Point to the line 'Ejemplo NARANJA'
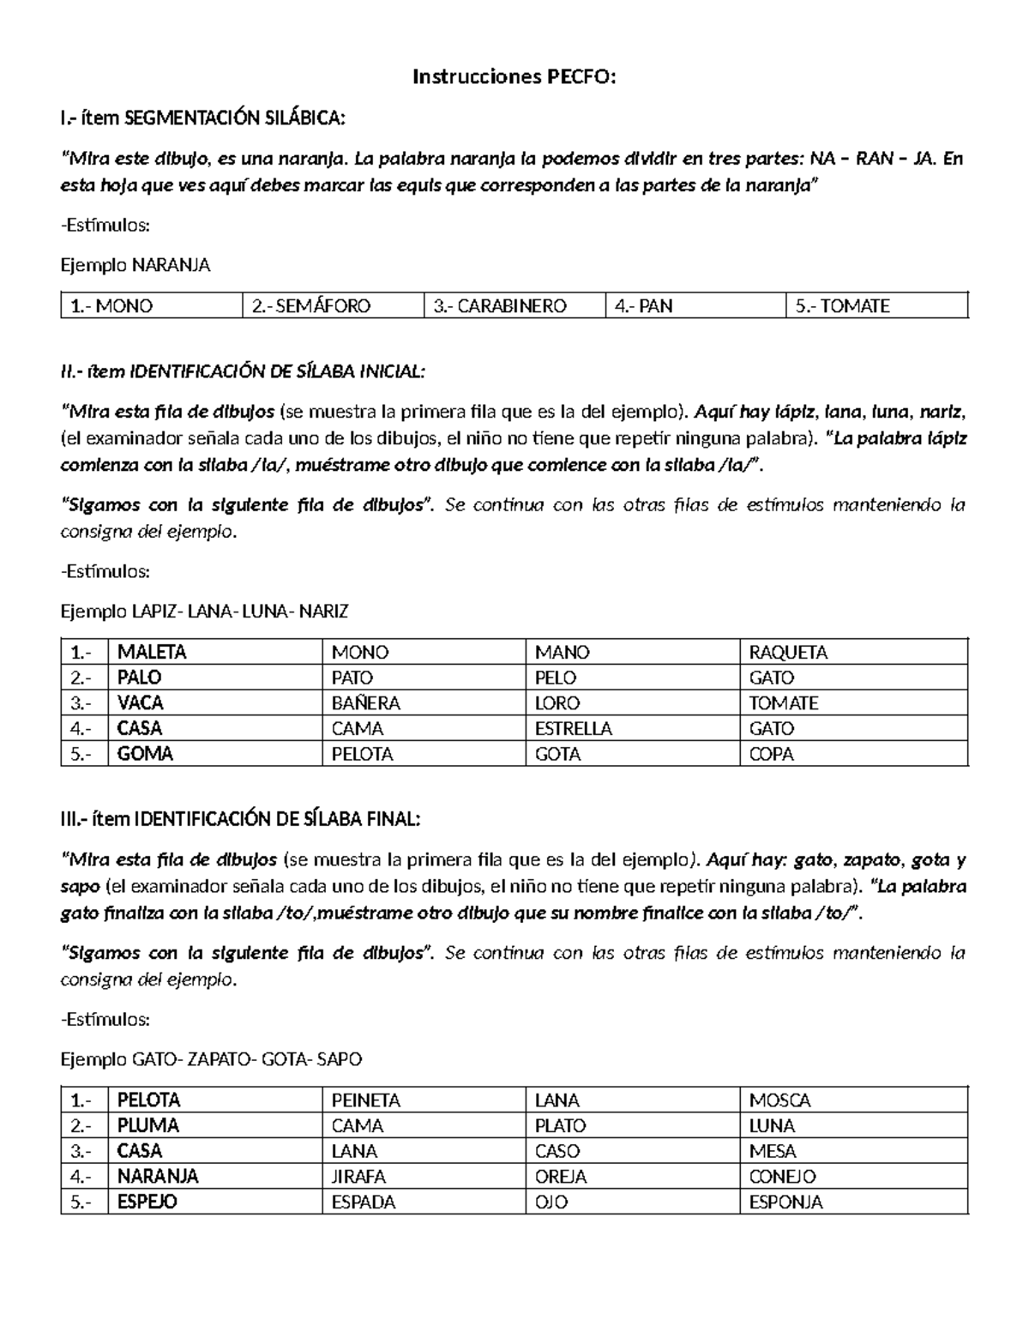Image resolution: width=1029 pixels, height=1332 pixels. coord(135,265)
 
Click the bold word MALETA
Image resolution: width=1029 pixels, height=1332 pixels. coord(152,652)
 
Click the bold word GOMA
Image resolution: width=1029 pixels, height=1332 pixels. coord(145,754)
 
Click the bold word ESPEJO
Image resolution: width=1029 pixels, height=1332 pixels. coord(147,1202)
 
